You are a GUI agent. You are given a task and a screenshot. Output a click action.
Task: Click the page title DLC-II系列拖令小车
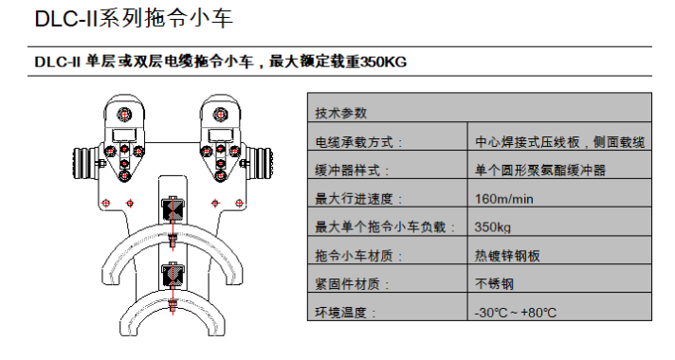click(x=134, y=19)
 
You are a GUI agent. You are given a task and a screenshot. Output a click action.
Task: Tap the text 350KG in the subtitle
click(x=383, y=63)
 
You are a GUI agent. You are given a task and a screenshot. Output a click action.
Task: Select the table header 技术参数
click(x=341, y=113)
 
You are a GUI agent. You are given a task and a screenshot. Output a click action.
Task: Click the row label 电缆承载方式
click(x=358, y=142)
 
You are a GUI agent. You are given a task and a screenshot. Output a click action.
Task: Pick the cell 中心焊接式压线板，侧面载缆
click(x=559, y=142)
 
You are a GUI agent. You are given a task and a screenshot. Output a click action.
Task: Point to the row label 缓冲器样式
click(x=352, y=171)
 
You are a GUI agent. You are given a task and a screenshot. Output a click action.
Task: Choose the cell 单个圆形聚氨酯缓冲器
click(x=540, y=171)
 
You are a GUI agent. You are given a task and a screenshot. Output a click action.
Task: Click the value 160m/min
click(x=503, y=199)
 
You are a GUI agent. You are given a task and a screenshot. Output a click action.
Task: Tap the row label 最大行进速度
click(x=358, y=199)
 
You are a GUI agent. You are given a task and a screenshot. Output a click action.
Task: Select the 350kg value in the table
click(x=492, y=227)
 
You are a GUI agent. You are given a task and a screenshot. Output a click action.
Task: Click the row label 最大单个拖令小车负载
click(x=384, y=227)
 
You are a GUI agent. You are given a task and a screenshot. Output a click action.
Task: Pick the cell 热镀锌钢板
click(x=507, y=256)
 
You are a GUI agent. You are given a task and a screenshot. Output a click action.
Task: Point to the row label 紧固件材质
click(x=352, y=284)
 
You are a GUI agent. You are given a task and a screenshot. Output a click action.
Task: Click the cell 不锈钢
click(x=494, y=284)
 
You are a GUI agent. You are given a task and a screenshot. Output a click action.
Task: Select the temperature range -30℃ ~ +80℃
click(x=516, y=313)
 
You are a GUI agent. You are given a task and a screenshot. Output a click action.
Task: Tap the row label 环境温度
click(x=345, y=313)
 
